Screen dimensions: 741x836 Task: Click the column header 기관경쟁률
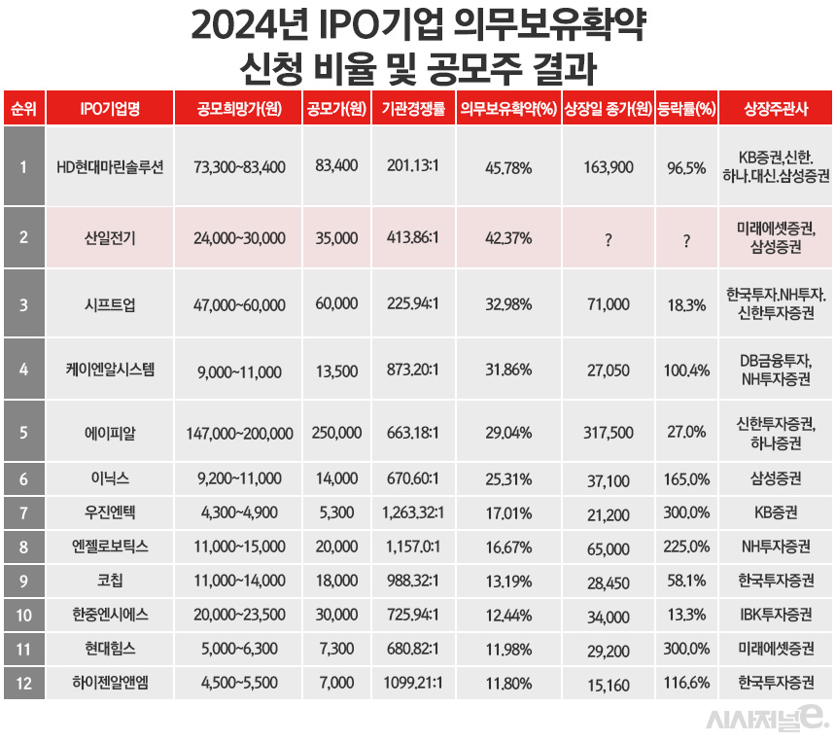pos(414,109)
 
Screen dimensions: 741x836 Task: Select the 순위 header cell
pos(23,109)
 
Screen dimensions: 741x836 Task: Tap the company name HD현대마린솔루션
pos(110,167)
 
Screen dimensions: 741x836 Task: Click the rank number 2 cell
pos(23,235)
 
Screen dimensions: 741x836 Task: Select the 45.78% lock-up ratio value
pos(507,167)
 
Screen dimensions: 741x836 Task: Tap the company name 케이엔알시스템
pos(110,370)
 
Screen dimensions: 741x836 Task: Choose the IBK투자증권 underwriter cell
pos(775,616)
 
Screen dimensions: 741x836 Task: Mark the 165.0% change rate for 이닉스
pos(686,480)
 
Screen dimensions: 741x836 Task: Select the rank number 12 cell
pos(23,683)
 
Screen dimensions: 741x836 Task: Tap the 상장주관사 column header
pos(775,109)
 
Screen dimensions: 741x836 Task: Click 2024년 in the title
pos(244,26)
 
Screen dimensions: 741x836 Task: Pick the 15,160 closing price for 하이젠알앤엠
pos(608,685)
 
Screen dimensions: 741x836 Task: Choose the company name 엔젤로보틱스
pos(110,547)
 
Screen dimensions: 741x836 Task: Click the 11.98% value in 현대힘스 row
pos(507,650)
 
